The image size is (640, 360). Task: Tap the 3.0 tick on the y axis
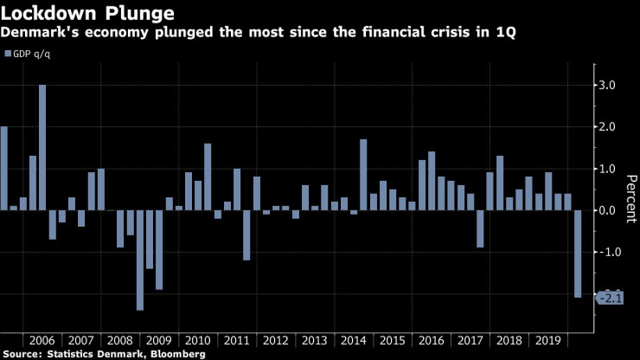click(609, 85)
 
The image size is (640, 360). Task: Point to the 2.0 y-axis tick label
click(609, 126)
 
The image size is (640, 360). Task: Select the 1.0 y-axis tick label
click(609, 168)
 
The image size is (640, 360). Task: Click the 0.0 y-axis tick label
click(609, 210)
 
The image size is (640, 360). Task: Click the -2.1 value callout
click(610, 298)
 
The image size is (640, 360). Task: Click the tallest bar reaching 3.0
click(42, 147)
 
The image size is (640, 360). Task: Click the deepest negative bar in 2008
click(140, 260)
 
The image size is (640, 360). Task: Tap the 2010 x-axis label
click(198, 341)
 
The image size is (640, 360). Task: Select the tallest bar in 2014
click(363, 175)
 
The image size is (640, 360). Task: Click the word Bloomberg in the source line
click(176, 354)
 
